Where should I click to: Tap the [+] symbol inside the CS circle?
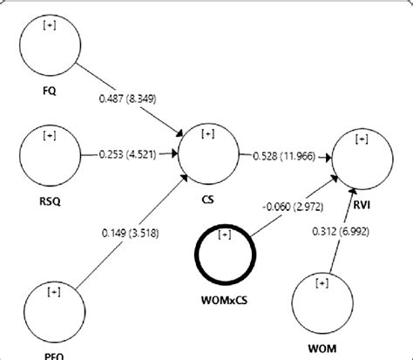coord(208,134)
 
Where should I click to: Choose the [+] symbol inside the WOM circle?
coord(322,282)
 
